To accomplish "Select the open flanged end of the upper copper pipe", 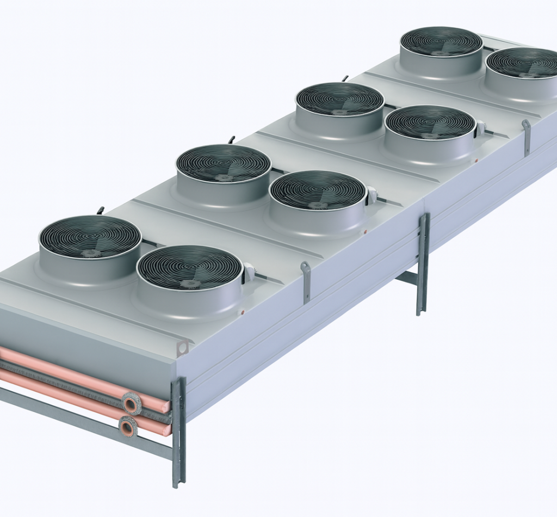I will [131, 403].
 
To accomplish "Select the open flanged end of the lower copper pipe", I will [128, 427].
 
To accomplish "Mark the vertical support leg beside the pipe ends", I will [178, 430].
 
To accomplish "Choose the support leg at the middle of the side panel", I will [423, 264].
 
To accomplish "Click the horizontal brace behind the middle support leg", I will [406, 278].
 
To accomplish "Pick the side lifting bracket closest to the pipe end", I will [306, 281].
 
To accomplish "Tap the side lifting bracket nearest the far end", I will [526, 137].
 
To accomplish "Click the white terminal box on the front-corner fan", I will [249, 272].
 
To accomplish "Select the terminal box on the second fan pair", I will [372, 195].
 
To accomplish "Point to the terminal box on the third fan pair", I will [480, 128].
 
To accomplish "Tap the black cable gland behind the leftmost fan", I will [100, 210].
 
